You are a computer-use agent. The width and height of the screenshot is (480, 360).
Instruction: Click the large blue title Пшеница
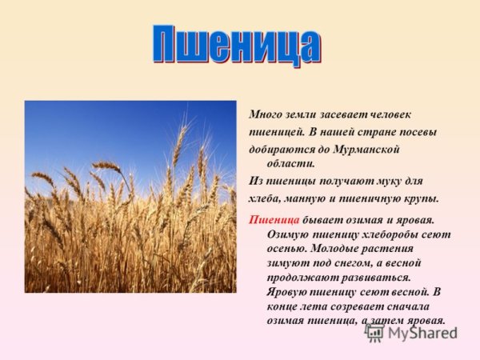[x=236, y=46]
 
